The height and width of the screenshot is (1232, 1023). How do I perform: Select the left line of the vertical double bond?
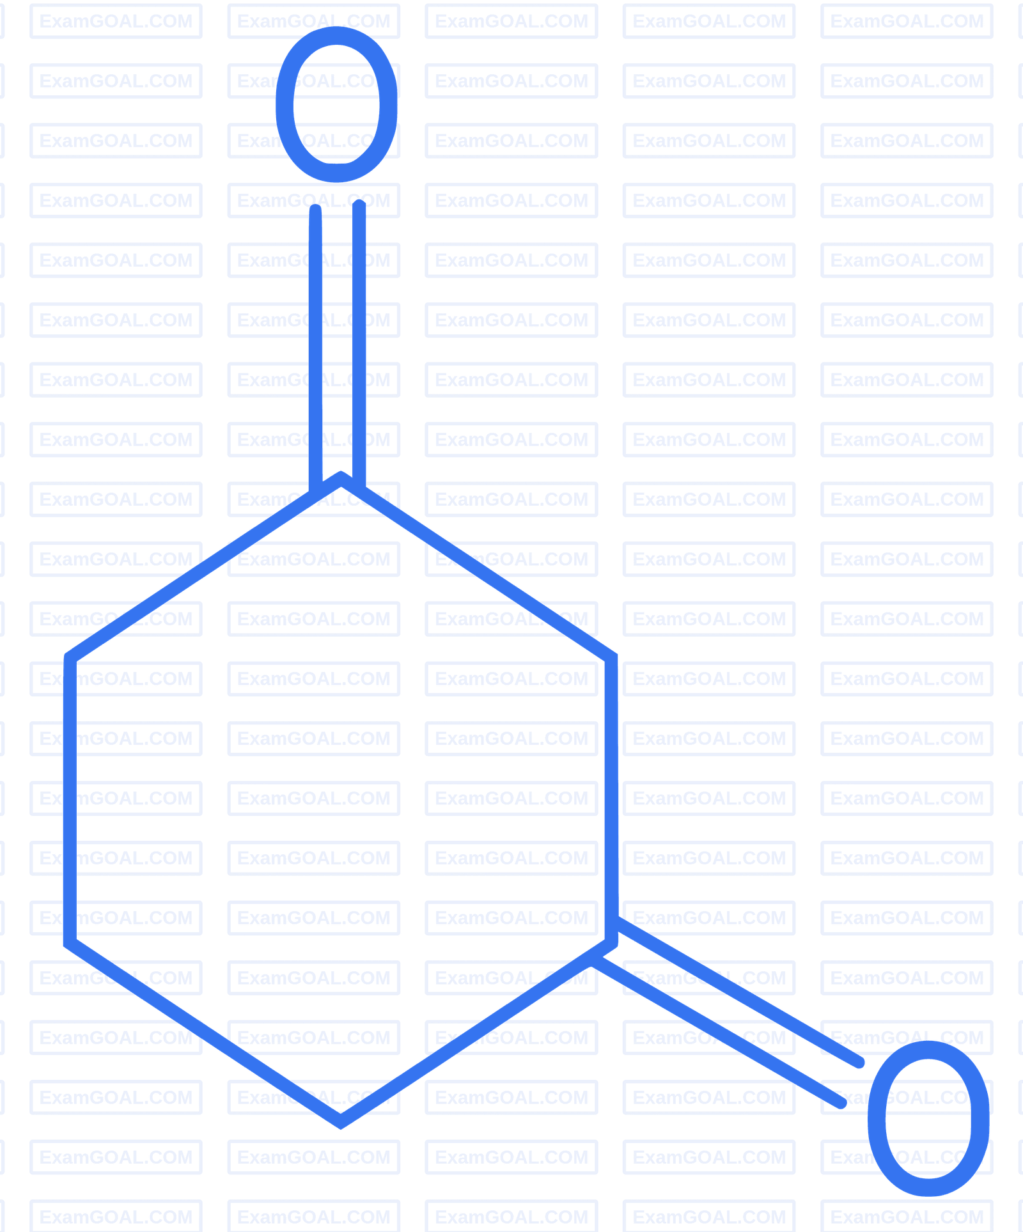(315, 348)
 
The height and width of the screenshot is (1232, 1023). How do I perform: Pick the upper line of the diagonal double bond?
(738, 992)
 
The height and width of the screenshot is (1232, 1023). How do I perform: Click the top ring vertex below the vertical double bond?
(341, 478)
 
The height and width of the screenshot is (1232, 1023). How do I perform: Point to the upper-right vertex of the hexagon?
(611, 657)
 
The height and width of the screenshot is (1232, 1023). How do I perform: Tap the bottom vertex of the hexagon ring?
(341, 1122)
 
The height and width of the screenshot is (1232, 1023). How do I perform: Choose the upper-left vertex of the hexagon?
(70, 657)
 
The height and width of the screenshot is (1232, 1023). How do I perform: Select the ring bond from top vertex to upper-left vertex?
(205, 567)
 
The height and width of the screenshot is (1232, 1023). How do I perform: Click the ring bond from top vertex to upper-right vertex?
(476, 567)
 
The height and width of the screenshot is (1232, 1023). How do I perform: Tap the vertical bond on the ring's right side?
(611, 800)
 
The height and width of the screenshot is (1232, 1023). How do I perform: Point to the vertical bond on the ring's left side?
(70, 800)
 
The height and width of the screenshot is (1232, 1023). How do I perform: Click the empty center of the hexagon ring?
(341, 800)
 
